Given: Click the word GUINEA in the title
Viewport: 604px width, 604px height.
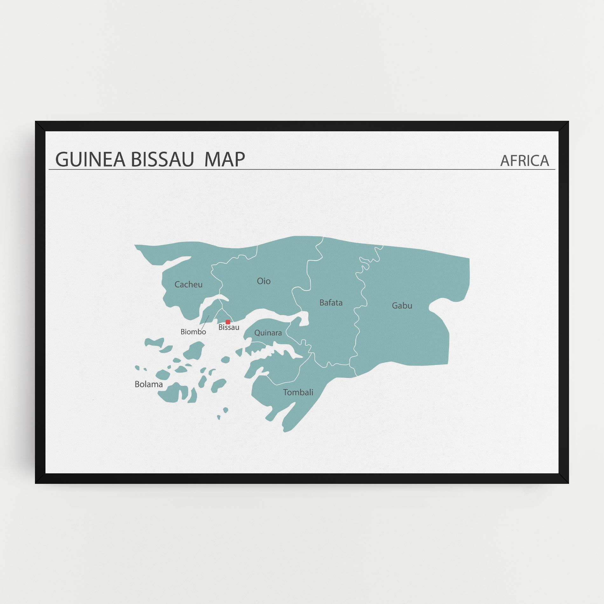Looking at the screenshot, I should tap(90, 159).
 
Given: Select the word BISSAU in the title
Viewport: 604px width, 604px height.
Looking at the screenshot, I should tap(162, 159).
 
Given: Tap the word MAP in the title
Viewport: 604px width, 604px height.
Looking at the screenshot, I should tap(224, 159).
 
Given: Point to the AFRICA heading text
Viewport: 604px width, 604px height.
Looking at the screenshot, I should tap(525, 161).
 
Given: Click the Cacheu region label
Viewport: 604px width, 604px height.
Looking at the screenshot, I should tap(189, 285).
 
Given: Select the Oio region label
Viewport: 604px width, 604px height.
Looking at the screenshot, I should tap(264, 281).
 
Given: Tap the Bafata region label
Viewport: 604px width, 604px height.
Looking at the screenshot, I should tap(331, 303).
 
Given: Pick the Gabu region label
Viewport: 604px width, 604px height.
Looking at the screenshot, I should tap(402, 306).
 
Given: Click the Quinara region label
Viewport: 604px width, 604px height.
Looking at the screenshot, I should tap(268, 333).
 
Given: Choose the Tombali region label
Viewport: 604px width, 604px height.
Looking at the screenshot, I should tap(298, 392).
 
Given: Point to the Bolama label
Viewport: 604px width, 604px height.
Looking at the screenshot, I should tap(148, 384).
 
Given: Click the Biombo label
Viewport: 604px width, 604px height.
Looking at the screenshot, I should tap(193, 332).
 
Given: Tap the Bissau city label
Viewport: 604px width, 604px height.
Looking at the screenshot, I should tap(229, 327).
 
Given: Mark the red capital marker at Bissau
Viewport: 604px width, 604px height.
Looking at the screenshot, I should tap(228, 322).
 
